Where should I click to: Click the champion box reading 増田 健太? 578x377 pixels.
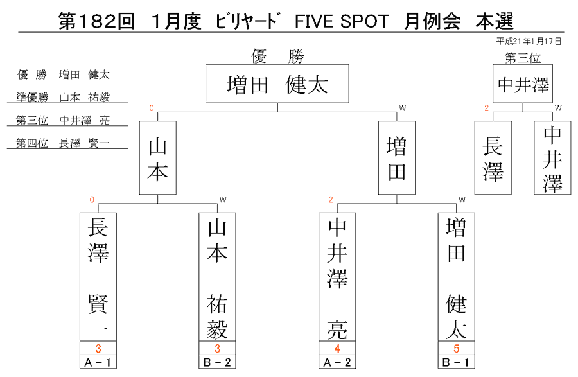coord(277,83)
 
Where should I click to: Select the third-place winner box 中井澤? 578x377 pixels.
coord(523,83)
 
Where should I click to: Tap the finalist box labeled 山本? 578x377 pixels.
coord(158,158)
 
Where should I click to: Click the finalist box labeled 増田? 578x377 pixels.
coord(397,158)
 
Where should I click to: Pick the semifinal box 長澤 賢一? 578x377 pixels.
coord(98,277)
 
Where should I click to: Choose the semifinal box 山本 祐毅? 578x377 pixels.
coord(217,277)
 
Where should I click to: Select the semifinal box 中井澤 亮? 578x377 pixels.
coord(337,277)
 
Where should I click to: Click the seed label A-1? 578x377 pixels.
coord(98,362)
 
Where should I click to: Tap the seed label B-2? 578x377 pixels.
coord(217,362)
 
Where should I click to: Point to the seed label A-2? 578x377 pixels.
coord(337,362)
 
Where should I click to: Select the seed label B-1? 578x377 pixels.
coord(457,362)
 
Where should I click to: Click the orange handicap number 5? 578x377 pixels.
coord(457,348)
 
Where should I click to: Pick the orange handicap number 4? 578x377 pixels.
coord(337,348)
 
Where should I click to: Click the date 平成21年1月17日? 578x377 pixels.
coord(529,41)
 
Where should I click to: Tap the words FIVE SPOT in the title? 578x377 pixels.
coord(342,21)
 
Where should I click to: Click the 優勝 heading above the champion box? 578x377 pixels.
coord(277,57)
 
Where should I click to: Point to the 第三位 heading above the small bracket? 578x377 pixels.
coord(523,58)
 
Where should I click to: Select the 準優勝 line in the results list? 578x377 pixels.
coord(63,97)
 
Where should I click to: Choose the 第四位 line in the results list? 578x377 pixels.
coord(63,143)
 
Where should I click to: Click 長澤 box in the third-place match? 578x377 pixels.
coord(493,158)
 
